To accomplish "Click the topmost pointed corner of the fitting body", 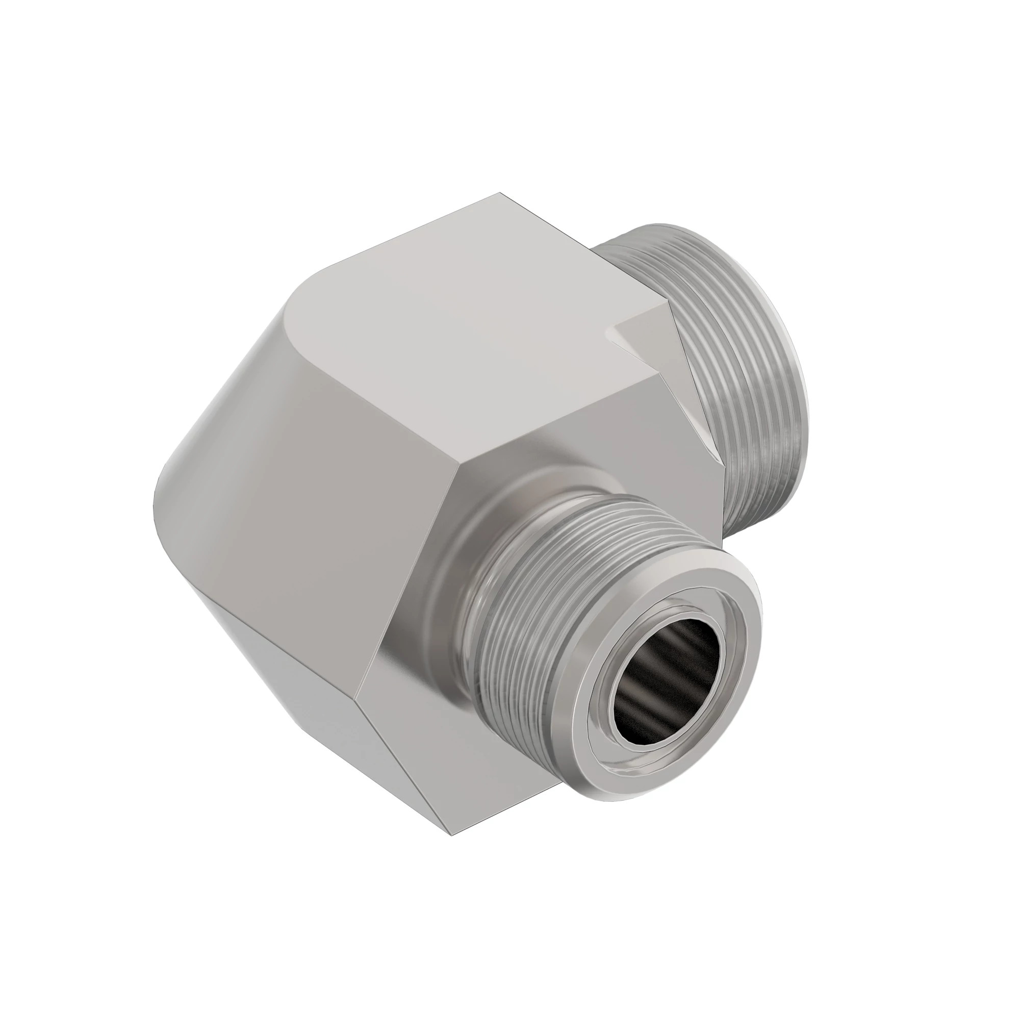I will [x=500, y=194].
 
